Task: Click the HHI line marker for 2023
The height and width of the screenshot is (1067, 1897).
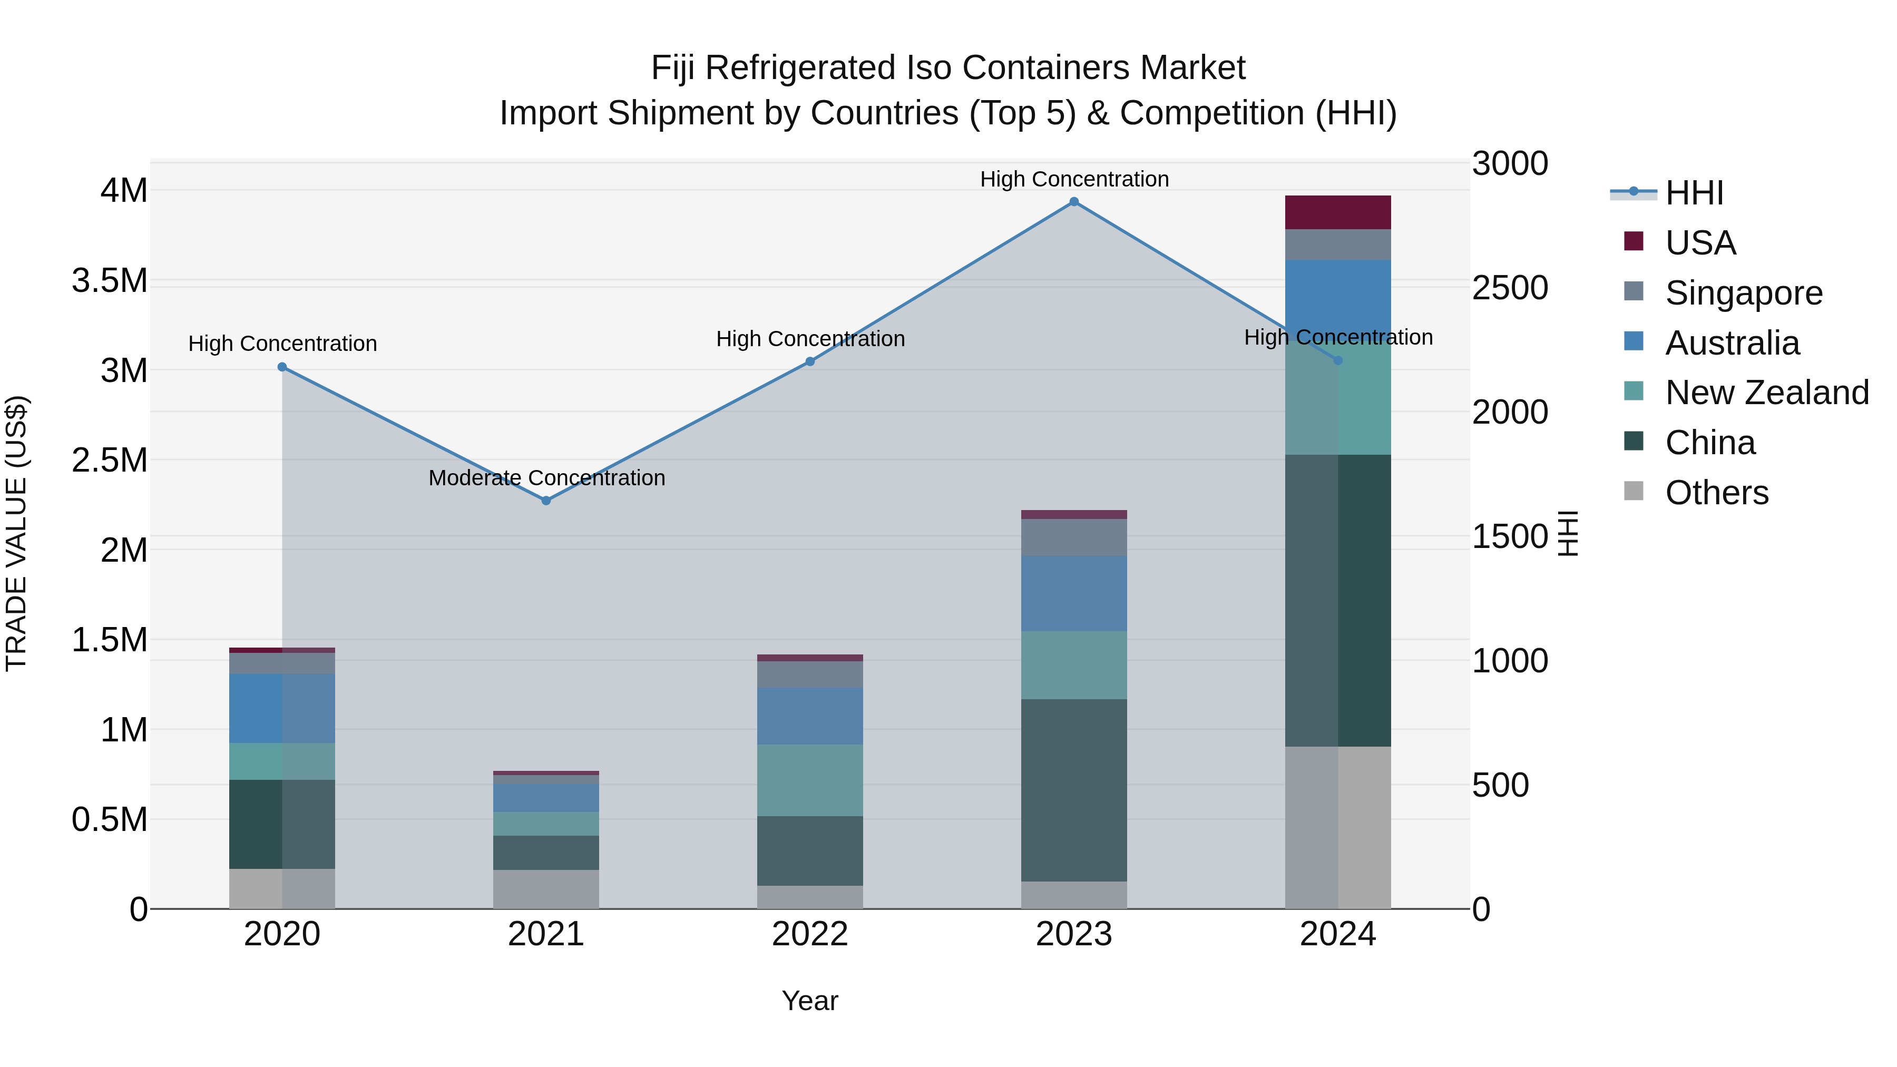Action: [1074, 202]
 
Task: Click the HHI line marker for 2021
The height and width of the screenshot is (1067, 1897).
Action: [546, 501]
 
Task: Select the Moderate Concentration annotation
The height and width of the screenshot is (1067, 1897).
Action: [546, 478]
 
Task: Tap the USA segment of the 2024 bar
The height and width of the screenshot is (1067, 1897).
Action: [1337, 213]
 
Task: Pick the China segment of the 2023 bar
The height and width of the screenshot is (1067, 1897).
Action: [1074, 790]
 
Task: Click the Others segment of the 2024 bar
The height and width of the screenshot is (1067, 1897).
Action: [1337, 828]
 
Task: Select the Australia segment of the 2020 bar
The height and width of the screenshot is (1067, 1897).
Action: [282, 708]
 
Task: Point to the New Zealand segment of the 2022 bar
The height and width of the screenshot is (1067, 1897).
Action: [810, 780]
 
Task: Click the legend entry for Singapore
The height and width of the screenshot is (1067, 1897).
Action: [1743, 293]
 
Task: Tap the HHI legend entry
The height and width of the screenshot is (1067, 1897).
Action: [1694, 193]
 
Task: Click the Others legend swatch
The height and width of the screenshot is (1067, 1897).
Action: [1634, 491]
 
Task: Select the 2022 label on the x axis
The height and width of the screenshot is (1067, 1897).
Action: [810, 934]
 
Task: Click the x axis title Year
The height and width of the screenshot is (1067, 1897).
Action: [810, 1001]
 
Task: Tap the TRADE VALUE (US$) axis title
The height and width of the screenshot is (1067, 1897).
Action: [17, 533]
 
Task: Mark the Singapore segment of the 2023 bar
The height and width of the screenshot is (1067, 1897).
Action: [1074, 537]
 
